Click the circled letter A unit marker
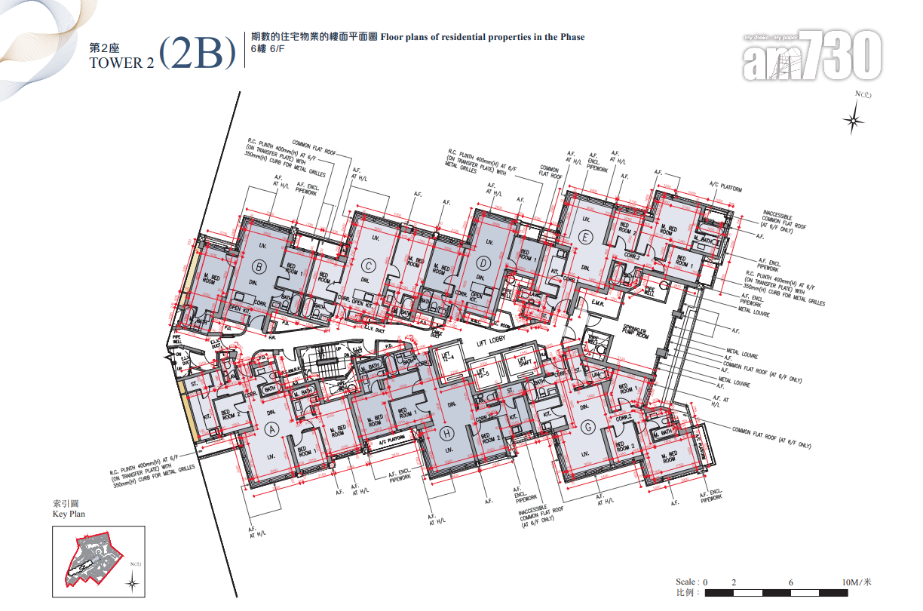[x=273, y=429]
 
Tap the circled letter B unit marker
[x=259, y=266]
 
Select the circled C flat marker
[x=369, y=265]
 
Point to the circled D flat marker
[x=484, y=263]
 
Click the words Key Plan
[x=69, y=514]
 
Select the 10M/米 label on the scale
[x=857, y=582]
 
